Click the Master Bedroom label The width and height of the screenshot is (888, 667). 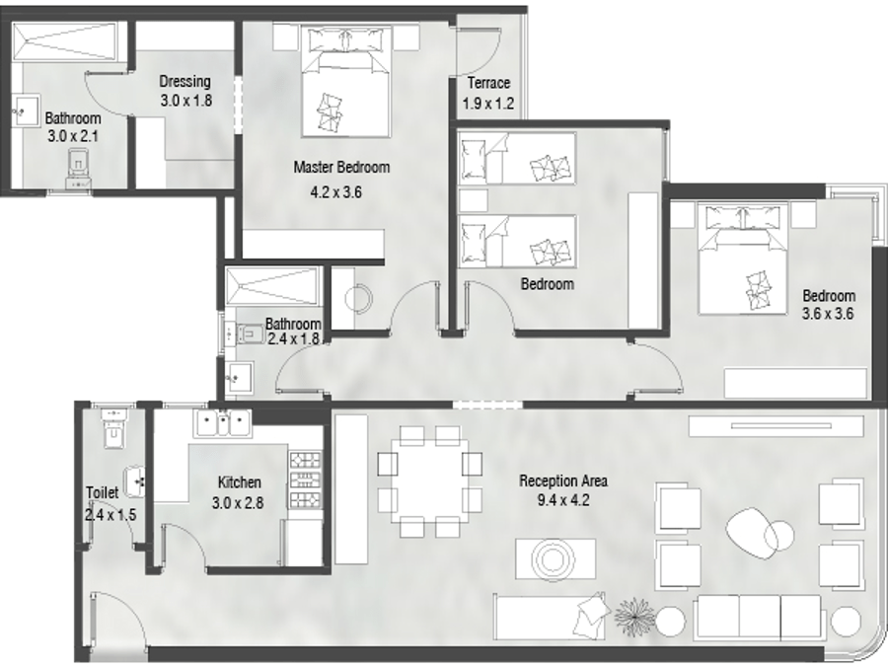click(x=341, y=167)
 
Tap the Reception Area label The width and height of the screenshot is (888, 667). click(x=563, y=481)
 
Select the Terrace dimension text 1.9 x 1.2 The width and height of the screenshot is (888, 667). click(x=488, y=104)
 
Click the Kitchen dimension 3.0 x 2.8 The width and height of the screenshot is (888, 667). click(x=238, y=502)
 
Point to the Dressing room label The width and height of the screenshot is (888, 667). click(x=185, y=82)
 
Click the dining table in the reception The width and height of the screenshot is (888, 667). click(x=430, y=481)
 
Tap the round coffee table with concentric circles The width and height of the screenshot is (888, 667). click(x=549, y=559)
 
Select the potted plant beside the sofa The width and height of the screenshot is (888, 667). click(x=634, y=614)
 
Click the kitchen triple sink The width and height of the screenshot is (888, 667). click(x=223, y=423)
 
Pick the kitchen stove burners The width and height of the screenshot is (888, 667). click(x=305, y=480)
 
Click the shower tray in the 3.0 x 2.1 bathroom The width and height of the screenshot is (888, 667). click(x=63, y=40)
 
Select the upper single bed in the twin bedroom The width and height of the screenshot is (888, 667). click(x=517, y=158)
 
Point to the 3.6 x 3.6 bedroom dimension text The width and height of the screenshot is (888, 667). click(x=828, y=313)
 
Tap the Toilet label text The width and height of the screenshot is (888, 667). click(x=103, y=492)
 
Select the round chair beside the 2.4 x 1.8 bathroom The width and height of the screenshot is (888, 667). click(x=358, y=298)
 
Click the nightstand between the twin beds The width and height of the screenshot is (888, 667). click(x=473, y=200)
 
